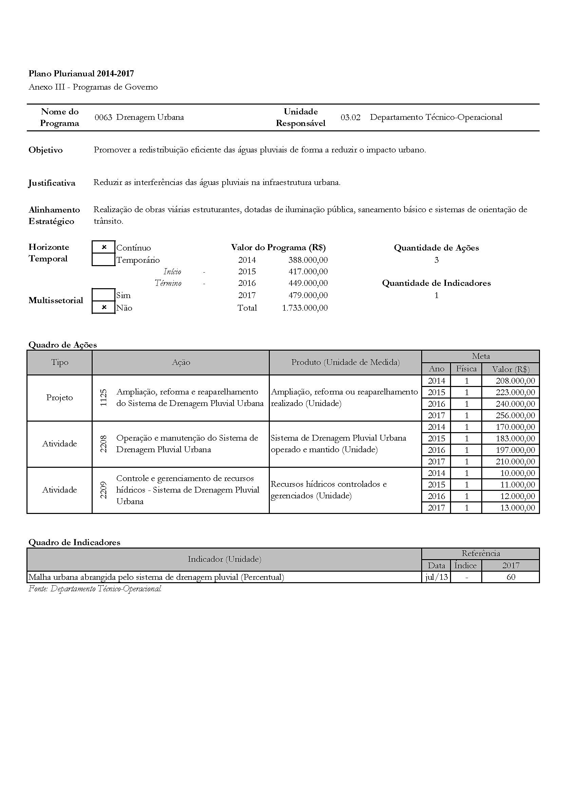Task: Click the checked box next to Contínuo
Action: tap(104, 247)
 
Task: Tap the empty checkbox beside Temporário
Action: tap(104, 260)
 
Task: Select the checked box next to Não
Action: tap(104, 308)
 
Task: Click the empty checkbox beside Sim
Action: tap(104, 295)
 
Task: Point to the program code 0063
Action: tap(104, 117)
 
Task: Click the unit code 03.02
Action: tap(350, 117)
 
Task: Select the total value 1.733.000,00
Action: tap(304, 308)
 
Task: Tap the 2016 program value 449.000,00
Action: tap(308, 283)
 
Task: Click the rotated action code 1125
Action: tap(104, 398)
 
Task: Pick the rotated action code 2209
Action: tap(104, 490)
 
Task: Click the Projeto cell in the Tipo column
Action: tap(59, 398)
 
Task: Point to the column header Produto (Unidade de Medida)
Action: tap(345, 363)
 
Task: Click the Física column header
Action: tap(466, 369)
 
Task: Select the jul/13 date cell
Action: tap(436, 577)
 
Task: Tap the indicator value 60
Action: tap(510, 577)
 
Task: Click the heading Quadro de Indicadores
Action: tap(74, 542)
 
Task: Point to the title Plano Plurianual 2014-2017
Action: tap(81, 74)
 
